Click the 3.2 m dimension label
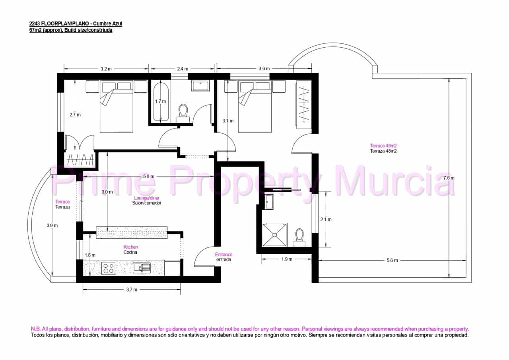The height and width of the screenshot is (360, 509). click(x=106, y=69)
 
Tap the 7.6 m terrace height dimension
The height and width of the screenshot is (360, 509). click(x=449, y=178)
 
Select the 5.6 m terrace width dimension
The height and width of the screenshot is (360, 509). click(x=392, y=261)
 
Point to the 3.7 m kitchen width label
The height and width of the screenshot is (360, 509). click(x=132, y=290)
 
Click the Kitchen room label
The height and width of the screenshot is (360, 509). click(x=131, y=247)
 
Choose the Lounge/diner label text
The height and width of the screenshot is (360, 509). click(x=147, y=198)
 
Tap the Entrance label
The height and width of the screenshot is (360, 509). click(x=224, y=254)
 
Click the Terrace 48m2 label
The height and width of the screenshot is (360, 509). click(x=383, y=146)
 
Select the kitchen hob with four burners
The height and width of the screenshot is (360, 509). click(x=108, y=269)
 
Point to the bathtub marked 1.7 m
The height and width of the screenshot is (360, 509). click(x=161, y=101)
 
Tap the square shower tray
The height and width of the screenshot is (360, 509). click(x=275, y=235)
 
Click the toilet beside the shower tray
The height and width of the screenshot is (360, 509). click(x=299, y=238)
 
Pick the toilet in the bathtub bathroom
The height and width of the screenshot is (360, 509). click(x=183, y=113)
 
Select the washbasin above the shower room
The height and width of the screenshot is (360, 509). click(x=270, y=202)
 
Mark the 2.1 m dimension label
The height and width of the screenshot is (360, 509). click(x=326, y=220)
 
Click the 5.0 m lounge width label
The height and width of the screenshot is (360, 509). click(x=149, y=176)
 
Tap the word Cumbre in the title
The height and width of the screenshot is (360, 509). click(x=101, y=23)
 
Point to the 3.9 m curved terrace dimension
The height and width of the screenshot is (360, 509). click(x=52, y=226)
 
